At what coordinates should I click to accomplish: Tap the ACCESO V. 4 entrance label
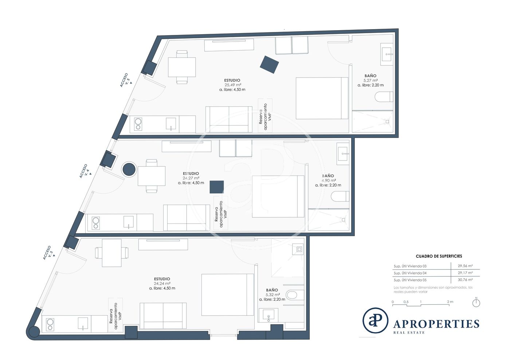[x=85, y=171]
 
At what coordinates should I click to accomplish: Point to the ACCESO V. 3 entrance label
[x=49, y=253]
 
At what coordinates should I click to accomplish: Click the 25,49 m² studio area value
[x=233, y=85]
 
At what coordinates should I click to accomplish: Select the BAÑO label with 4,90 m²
[x=328, y=176]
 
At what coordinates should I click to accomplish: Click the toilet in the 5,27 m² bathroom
[x=384, y=97]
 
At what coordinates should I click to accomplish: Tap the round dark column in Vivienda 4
[x=129, y=169]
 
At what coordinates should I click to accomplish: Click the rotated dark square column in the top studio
[x=269, y=65]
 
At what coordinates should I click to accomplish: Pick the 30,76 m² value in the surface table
[x=466, y=280]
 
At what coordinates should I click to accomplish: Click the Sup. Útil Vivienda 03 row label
[x=410, y=266]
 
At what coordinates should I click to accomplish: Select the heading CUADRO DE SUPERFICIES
[x=439, y=256]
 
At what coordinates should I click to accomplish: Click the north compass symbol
[x=476, y=302]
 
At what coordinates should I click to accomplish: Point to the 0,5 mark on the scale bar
[x=406, y=302]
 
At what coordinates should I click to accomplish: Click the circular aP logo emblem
[x=375, y=320]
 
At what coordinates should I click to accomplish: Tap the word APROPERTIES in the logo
[x=436, y=324]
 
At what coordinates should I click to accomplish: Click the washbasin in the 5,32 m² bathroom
[x=268, y=315]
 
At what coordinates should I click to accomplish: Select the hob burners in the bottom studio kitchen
[x=50, y=324]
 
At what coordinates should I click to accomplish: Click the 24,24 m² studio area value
[x=162, y=284]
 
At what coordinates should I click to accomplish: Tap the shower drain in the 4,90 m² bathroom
[x=343, y=220]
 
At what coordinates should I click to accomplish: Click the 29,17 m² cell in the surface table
[x=466, y=273]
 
